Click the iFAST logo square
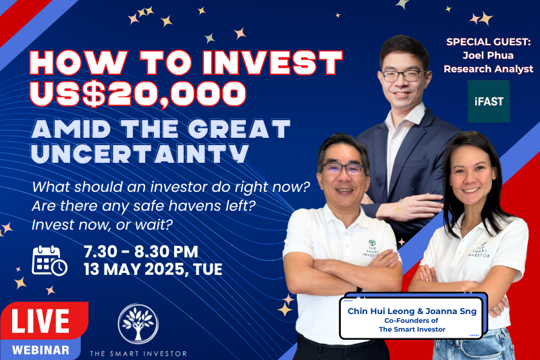(x=488, y=101)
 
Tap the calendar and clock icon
(x=49, y=261)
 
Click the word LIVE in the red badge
(x=40, y=321)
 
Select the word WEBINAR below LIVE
(x=40, y=350)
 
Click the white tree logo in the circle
(x=138, y=324)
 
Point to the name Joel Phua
(x=488, y=55)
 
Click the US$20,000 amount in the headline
(x=138, y=94)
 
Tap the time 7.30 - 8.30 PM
(x=141, y=251)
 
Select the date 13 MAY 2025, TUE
(x=153, y=269)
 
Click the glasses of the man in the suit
(x=404, y=76)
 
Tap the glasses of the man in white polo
(x=342, y=168)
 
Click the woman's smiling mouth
(x=470, y=190)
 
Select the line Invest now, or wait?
(x=102, y=225)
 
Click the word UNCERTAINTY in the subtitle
(x=140, y=153)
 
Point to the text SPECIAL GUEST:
(x=488, y=42)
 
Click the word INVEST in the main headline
(x=273, y=63)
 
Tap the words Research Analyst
(x=488, y=69)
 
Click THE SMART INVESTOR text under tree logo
(x=138, y=353)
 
